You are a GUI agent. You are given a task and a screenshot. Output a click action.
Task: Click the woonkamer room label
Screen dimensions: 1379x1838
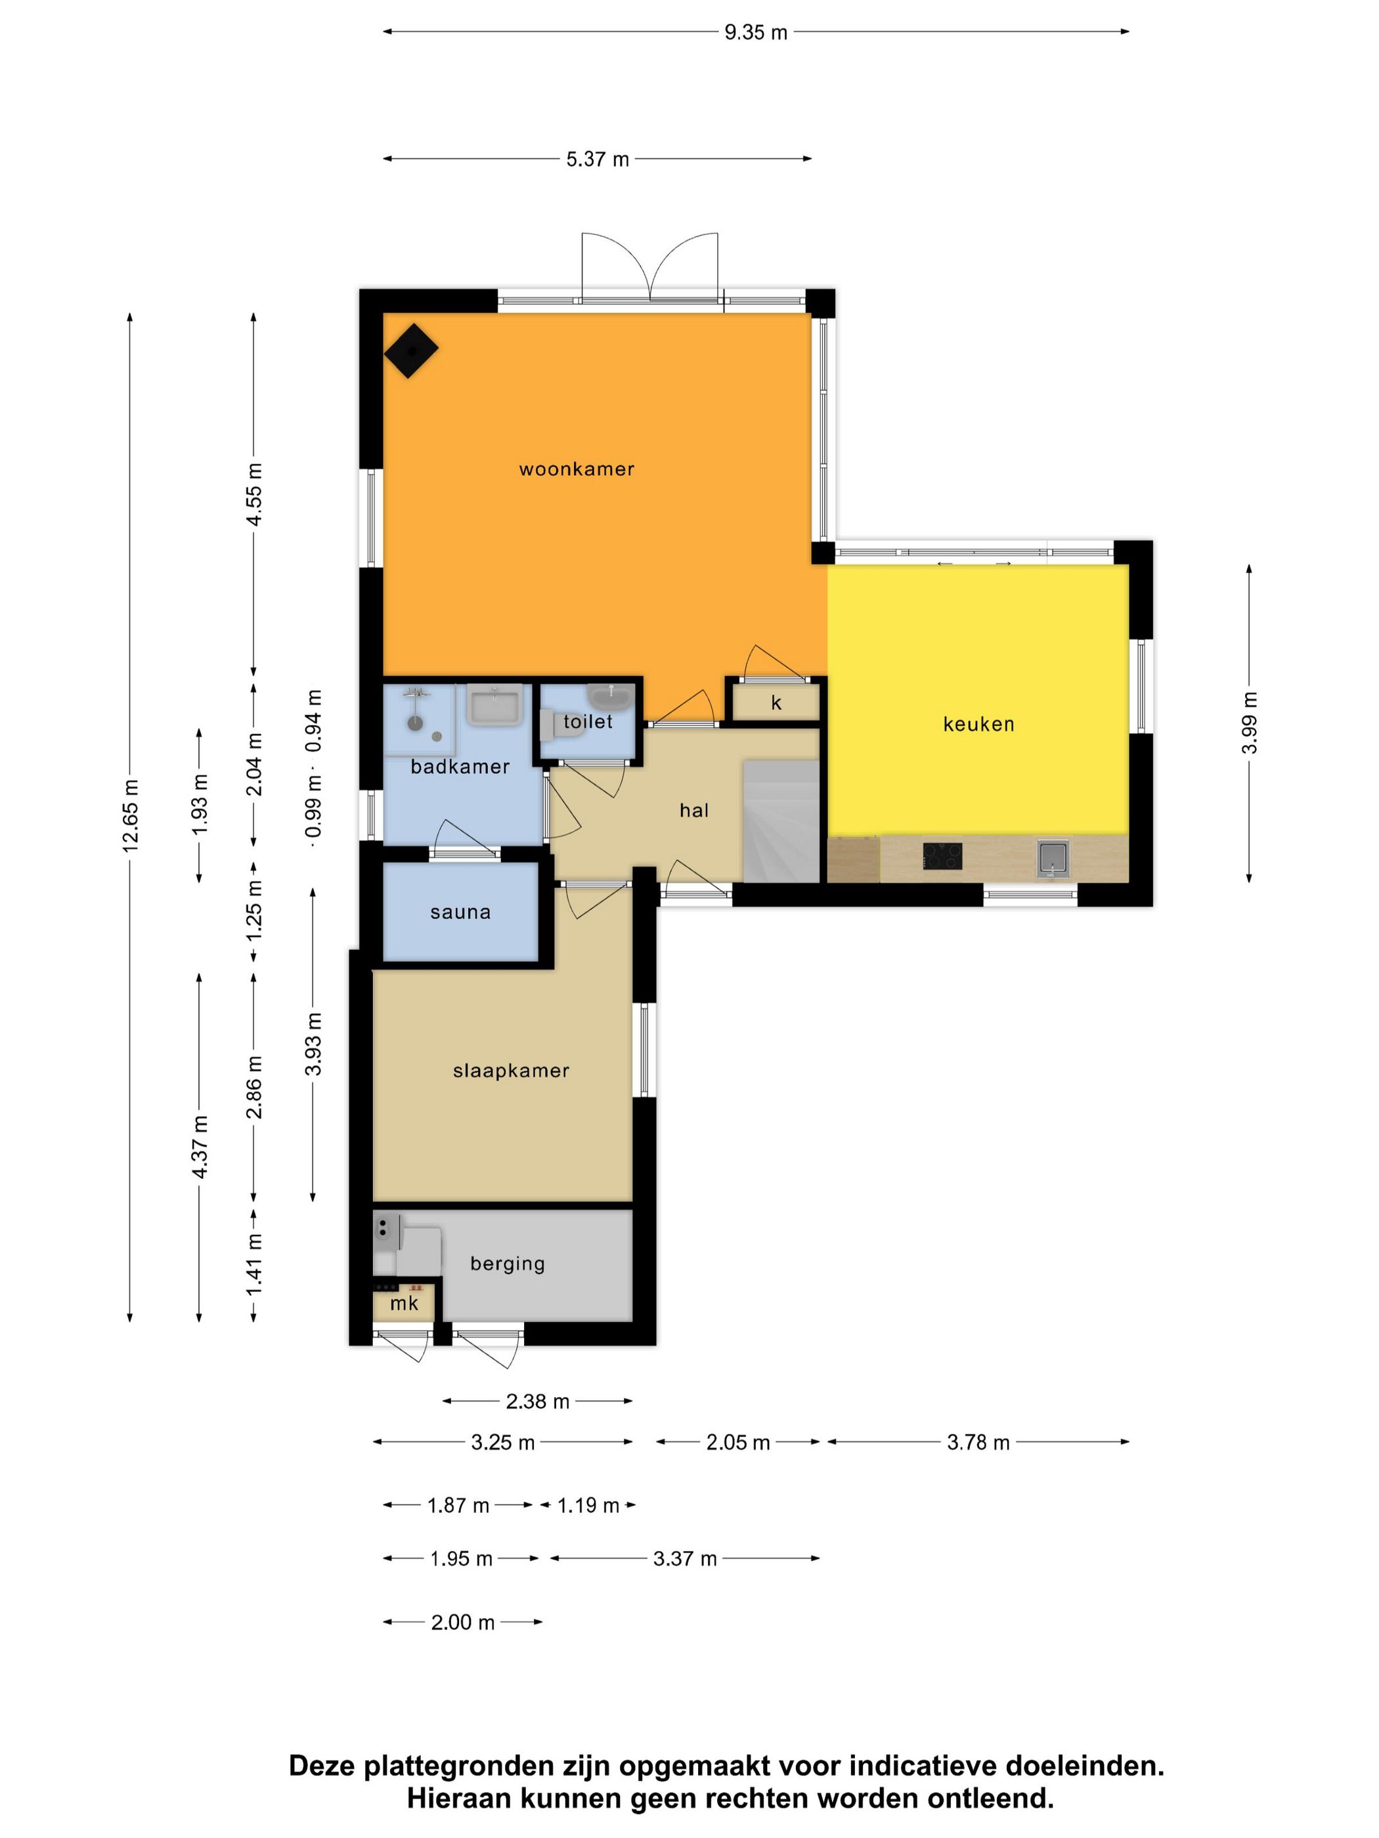[576, 469]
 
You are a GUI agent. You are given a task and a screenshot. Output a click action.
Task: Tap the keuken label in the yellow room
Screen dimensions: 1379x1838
[978, 724]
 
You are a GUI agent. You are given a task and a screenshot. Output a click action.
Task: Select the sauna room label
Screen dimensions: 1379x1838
[460, 912]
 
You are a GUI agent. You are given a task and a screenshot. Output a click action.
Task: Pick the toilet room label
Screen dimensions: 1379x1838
[588, 721]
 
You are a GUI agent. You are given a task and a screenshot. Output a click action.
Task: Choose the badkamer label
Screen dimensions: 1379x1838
[460, 766]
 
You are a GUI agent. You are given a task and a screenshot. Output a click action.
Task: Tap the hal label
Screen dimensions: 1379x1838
[694, 810]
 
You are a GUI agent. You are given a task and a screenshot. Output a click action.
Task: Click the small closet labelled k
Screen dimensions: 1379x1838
[776, 703]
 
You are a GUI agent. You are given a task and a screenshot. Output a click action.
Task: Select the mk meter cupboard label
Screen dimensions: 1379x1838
[404, 1303]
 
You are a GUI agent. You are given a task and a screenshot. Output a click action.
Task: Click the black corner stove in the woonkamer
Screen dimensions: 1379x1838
[410, 350]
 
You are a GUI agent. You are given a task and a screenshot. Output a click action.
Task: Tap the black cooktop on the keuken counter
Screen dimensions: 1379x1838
[942, 857]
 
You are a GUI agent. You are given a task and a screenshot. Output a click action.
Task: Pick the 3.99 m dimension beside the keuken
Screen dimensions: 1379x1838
[1248, 723]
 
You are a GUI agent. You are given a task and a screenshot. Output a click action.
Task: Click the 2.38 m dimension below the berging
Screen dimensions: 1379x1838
[538, 1401]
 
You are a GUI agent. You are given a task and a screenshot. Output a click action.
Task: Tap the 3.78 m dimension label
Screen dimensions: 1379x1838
[978, 1442]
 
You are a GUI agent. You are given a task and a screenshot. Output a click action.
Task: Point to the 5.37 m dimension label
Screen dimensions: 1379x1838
[598, 159]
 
